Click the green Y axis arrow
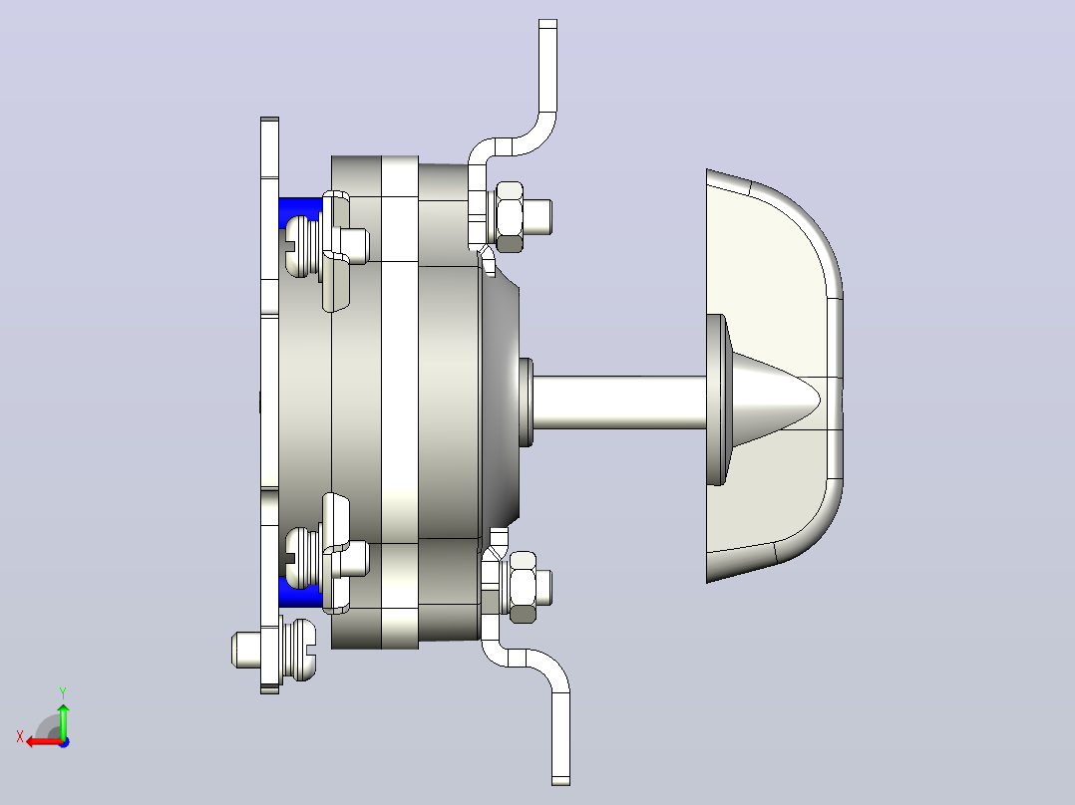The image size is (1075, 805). click(x=63, y=719)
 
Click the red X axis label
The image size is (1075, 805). click(x=20, y=736)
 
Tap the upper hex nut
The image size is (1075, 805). click(x=509, y=216)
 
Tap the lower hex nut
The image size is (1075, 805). click(x=523, y=587)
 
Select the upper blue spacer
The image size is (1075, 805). click(x=299, y=211)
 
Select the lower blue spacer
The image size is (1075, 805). click(x=300, y=593)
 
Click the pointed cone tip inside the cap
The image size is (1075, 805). click(x=820, y=399)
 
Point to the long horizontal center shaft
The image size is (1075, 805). click(x=620, y=402)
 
